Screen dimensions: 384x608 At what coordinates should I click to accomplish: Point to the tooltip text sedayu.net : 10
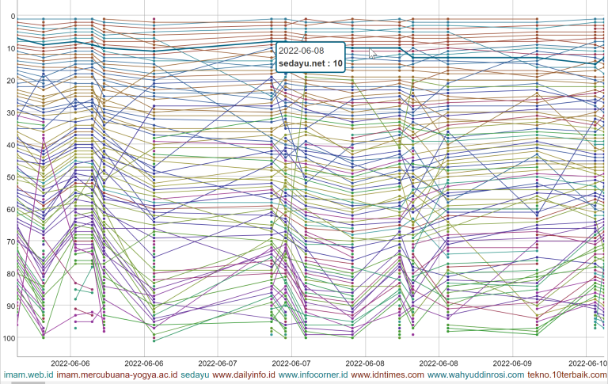coord(310,63)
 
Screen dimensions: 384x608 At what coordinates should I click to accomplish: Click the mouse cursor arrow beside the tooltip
coord(372,54)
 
